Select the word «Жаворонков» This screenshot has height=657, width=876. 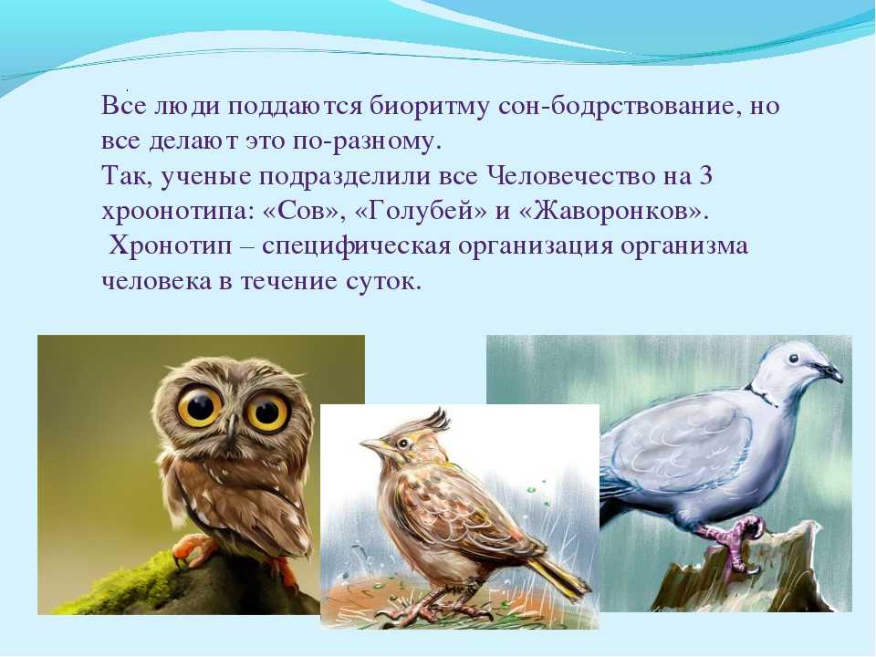(611, 212)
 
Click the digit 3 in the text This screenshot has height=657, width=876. (705, 176)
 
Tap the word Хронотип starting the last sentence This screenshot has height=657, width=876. (170, 246)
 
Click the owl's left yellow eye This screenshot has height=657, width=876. (200, 407)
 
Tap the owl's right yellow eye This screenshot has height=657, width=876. (268, 412)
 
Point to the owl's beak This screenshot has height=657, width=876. (231, 430)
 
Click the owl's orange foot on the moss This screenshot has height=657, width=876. (191, 549)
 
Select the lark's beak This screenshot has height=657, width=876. (373, 446)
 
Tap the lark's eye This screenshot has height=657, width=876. (402, 443)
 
